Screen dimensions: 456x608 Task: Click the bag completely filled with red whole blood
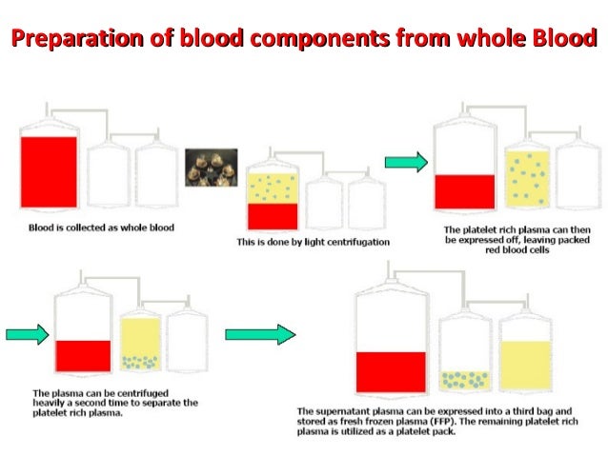point(49,172)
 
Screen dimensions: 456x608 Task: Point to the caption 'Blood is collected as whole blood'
point(100,228)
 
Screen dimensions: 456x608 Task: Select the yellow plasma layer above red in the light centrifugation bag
point(273,188)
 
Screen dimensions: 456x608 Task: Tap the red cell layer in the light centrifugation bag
point(273,216)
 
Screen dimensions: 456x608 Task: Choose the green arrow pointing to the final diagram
point(259,334)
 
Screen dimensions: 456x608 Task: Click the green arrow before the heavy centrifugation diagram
point(27,334)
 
